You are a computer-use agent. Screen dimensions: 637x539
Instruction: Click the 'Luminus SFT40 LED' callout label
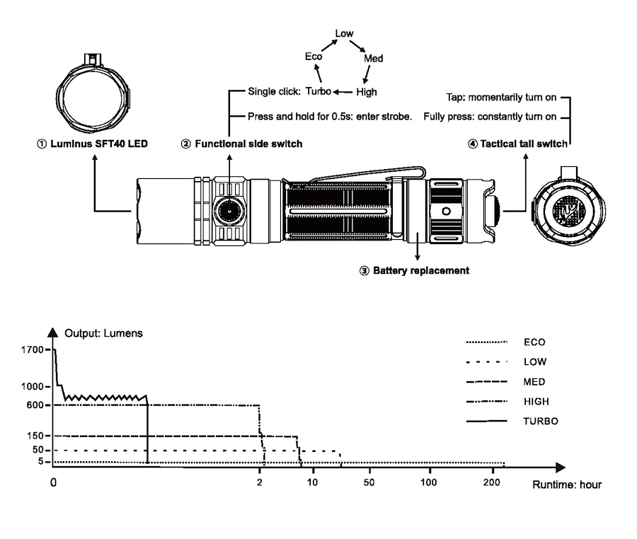coord(92,144)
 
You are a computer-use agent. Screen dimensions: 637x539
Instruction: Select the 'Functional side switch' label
coord(242,144)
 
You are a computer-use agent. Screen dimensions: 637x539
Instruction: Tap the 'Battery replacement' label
coord(414,271)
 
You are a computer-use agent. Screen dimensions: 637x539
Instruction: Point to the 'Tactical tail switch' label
coord(517,144)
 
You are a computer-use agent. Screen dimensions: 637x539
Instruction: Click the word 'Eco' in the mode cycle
coord(314,57)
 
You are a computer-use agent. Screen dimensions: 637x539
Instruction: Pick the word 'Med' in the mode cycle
coord(373,59)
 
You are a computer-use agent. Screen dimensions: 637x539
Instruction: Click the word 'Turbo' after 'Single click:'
coord(318,91)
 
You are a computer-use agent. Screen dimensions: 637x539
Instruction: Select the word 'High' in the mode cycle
coord(367,92)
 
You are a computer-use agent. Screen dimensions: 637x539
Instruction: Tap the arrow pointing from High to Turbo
coord(343,92)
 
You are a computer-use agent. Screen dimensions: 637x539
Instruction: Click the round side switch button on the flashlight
coord(229,211)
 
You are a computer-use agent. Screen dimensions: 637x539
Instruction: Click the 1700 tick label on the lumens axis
coord(32,350)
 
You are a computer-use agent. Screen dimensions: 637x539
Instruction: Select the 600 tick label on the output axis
coord(35,405)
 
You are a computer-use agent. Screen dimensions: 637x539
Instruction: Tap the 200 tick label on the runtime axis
coord(492,482)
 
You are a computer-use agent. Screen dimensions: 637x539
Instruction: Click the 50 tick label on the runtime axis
coord(369,482)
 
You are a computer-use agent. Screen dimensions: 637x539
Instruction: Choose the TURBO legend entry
coord(512,422)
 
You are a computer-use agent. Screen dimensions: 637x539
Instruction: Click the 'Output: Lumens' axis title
coord(103,333)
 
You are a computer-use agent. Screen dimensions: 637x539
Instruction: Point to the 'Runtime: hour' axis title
coord(567,485)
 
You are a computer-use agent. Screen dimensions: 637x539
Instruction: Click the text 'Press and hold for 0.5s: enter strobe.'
coord(330,117)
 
